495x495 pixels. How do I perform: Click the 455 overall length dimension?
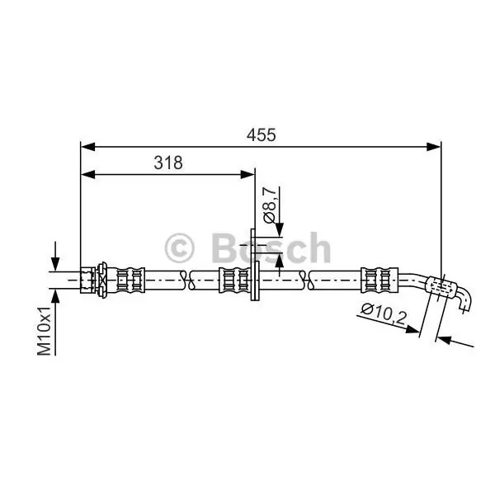tap(261, 135)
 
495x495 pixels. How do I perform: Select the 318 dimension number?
tap(168, 163)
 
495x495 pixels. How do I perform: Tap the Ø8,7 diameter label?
tap(270, 205)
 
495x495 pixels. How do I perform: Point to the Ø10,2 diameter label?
tap(384, 314)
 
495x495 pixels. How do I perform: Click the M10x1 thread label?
tap(45, 331)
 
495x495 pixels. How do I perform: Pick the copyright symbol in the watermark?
tap(179, 248)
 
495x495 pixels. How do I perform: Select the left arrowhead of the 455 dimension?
tap(87, 147)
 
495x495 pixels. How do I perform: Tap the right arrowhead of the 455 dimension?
tap(433, 147)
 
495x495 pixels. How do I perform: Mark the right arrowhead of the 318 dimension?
tap(247, 174)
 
